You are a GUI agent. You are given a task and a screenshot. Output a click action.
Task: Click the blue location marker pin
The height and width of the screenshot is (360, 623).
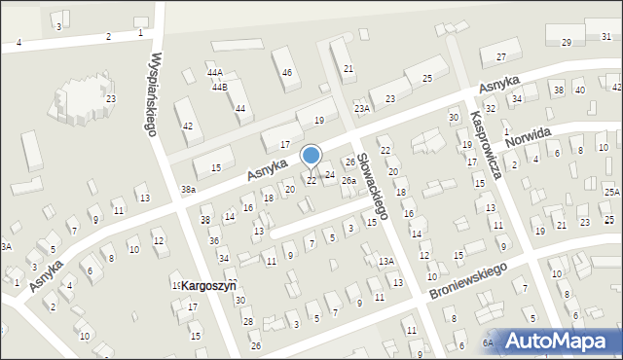pos(311,157)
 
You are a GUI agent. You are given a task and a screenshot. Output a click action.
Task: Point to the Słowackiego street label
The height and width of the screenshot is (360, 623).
pos(374,185)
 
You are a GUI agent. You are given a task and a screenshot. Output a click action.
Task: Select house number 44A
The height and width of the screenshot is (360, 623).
pos(214,73)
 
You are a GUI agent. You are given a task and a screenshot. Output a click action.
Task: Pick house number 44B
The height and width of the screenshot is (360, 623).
pos(219,88)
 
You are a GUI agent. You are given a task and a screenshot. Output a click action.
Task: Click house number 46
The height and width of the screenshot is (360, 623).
pos(287,73)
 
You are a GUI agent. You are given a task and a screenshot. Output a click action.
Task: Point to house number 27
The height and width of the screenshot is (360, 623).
pos(500,58)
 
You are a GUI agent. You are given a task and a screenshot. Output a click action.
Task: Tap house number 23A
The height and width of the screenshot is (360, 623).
pos(362,108)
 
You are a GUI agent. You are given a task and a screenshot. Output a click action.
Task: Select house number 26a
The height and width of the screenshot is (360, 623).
pos(348,180)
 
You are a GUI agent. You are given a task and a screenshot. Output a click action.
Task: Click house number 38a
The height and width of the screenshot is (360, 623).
pos(188,190)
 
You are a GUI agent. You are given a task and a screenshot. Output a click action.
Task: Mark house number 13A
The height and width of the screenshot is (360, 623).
pos(385,262)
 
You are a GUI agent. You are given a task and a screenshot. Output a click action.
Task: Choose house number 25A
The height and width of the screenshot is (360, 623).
pos(610,193)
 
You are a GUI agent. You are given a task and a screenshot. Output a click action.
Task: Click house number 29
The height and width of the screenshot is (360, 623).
pos(566,42)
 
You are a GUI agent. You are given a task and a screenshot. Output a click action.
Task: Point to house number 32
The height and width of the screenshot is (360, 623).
pos(491,108)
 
